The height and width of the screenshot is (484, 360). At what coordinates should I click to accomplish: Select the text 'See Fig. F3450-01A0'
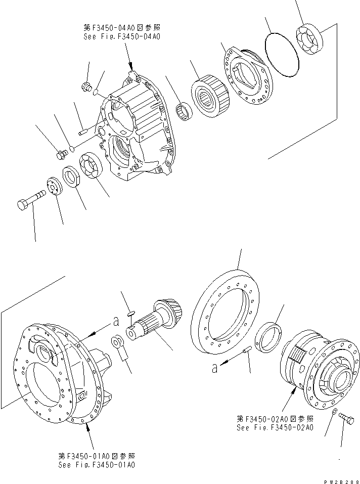(96, 465)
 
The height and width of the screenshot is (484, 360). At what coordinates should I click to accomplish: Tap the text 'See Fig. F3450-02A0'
(275, 427)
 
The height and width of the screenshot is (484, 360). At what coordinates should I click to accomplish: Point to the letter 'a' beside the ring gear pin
(215, 369)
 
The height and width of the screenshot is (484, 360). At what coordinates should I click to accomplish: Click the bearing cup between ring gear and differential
(269, 339)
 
